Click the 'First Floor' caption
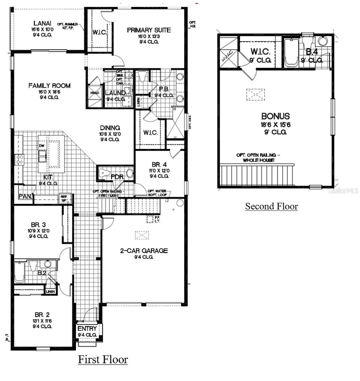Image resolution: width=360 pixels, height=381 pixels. click(103, 359)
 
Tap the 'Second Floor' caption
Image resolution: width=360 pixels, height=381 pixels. click(271, 206)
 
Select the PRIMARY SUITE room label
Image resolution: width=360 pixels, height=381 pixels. click(149, 30)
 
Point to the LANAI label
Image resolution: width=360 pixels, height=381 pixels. click(43, 23)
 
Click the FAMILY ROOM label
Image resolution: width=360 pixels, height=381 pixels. click(49, 86)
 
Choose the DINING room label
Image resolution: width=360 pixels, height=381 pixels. click(110, 128)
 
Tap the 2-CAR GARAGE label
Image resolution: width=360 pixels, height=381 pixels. click(144, 251)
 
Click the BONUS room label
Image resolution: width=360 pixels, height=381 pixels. click(275, 116)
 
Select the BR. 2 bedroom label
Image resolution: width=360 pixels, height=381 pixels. click(42, 315)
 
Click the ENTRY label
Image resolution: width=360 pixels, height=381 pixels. click(87, 329)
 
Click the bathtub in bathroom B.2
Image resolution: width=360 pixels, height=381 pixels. click(19, 272)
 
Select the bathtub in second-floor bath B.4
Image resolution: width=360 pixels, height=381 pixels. click(292, 52)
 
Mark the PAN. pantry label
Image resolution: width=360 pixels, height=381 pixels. click(25, 197)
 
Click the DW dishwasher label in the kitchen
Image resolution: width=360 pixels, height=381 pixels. click(42, 146)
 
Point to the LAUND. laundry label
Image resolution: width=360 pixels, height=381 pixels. click(115, 93)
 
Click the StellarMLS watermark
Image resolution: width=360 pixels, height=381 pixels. click(343, 191)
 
